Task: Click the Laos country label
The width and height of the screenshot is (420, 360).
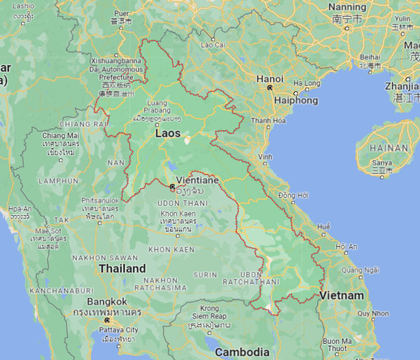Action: (167, 133)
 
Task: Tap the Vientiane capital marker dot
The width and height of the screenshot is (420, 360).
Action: (172, 186)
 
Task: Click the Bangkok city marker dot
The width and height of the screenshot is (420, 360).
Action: (106, 320)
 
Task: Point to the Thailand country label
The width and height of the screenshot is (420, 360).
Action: (122, 268)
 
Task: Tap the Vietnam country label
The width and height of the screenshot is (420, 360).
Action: (342, 296)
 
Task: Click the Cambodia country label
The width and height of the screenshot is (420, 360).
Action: (242, 351)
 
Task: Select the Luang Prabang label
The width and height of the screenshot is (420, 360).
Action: (157, 106)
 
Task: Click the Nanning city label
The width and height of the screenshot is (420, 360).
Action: (347, 7)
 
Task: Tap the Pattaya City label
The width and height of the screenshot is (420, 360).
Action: (120, 330)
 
